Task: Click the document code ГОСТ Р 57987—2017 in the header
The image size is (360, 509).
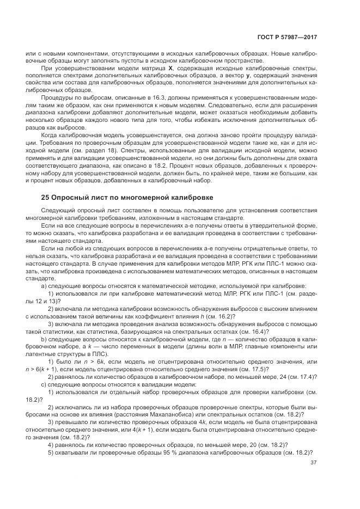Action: point(288,36)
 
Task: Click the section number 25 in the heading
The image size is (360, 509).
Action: point(45,197)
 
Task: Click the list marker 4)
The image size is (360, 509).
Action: point(51,445)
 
